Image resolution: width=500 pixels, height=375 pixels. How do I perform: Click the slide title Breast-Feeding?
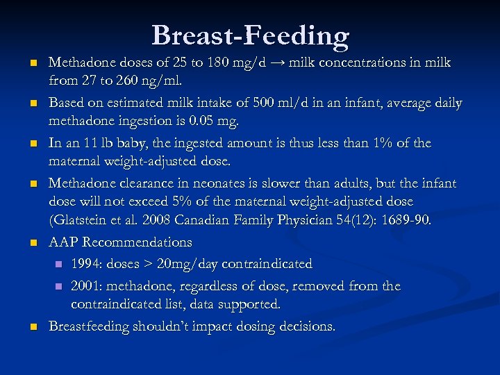(x=250, y=35)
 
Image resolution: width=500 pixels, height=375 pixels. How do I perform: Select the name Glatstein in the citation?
(x=82, y=220)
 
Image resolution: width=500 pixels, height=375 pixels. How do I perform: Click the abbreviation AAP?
(x=64, y=242)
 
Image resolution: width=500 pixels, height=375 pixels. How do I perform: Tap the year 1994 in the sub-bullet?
(x=85, y=264)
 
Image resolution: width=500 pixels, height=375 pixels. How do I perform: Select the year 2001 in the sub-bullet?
(x=85, y=286)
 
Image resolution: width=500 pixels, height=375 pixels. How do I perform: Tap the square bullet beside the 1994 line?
(x=59, y=265)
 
